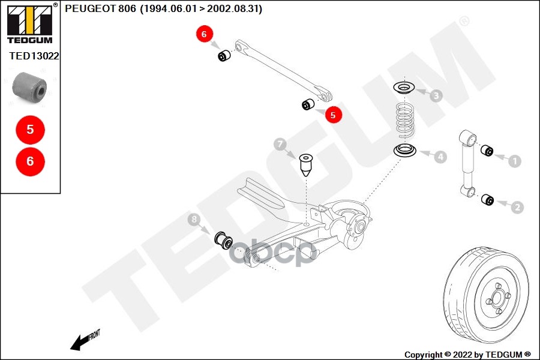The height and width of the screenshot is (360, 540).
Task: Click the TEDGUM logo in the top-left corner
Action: [29, 23]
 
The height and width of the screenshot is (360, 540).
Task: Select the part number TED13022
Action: [34, 56]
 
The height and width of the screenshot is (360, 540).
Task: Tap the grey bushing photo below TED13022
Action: [30, 87]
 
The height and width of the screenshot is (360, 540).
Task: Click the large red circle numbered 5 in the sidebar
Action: [30, 129]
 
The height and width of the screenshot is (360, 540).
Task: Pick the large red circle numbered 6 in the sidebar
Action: [30, 161]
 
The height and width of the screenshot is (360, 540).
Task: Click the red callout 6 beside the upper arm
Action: [204, 35]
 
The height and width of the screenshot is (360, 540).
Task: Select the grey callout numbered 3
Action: [436, 95]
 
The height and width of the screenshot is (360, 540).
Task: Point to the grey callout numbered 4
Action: [440, 157]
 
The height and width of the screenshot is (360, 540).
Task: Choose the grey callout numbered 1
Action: [515, 160]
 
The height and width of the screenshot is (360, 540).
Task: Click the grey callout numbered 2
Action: [517, 207]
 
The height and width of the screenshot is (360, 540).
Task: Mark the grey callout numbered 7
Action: [280, 144]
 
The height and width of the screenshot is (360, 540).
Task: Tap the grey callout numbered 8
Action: [193, 221]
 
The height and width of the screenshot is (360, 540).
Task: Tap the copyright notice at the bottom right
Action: [467, 354]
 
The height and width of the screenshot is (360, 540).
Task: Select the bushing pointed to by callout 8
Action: [224, 239]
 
